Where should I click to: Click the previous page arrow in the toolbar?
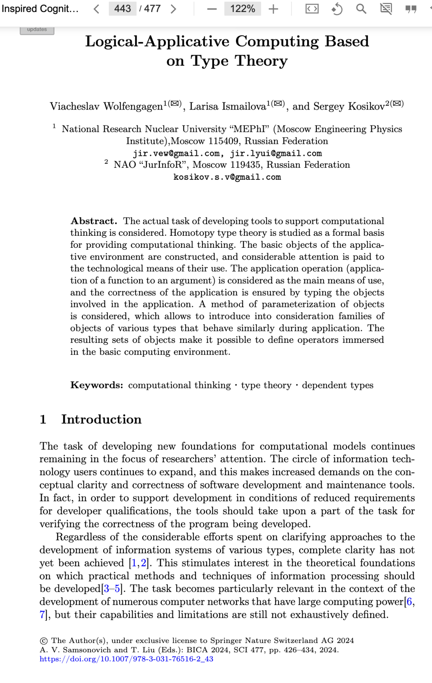point(96,9)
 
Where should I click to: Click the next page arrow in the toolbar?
point(173,9)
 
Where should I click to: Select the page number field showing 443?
point(122,8)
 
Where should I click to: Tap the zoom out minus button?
point(212,9)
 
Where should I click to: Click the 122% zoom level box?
point(242,8)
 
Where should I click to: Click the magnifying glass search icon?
point(361,9)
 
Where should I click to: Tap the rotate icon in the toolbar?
point(337,9)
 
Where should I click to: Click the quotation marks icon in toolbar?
point(411,9)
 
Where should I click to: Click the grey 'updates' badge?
point(37,30)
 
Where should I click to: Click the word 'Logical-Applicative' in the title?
point(157,42)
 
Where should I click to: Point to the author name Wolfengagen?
point(133,106)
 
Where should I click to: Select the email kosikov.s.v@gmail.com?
point(227,177)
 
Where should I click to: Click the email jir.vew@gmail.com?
point(176,153)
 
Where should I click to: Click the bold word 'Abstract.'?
point(94,221)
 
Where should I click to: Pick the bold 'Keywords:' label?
point(96,385)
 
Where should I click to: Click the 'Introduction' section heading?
point(101,419)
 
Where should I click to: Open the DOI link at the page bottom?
point(126,659)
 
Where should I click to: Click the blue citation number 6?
point(410,602)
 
